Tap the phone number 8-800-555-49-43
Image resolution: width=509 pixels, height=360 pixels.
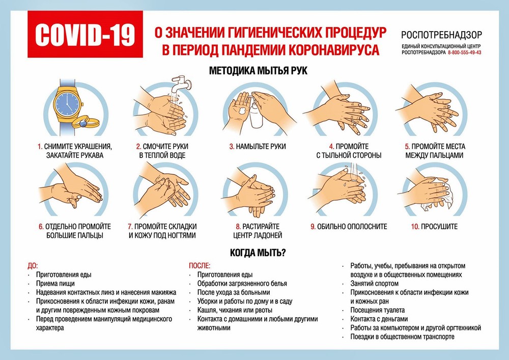[x=464, y=53]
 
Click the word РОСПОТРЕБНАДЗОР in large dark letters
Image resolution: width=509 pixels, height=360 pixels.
[x=441, y=35]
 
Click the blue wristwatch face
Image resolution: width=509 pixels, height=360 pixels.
[x=67, y=105]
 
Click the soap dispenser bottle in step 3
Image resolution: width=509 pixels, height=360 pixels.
[x=256, y=115]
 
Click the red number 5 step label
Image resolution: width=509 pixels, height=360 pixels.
[x=407, y=146]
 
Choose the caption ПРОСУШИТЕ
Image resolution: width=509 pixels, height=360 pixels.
[x=439, y=226]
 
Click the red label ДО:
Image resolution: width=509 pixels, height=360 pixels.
[x=33, y=265]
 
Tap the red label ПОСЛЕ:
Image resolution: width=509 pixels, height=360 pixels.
[x=200, y=265]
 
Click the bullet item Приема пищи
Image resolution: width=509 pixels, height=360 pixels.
[x=55, y=284]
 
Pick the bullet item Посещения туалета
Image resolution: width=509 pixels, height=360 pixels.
[x=377, y=310]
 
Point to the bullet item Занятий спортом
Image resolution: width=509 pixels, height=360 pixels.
[x=374, y=283]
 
